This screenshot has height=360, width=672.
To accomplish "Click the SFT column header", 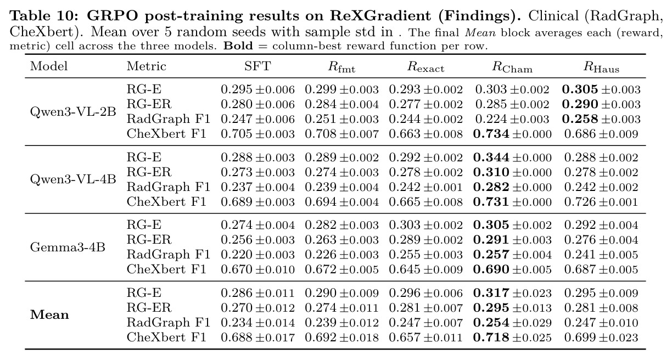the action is click(257, 66).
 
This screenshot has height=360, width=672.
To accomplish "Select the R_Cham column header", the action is click(512, 67).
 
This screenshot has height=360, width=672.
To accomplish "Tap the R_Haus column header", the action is click(601, 67).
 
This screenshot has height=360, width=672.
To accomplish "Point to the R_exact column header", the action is click(425, 67).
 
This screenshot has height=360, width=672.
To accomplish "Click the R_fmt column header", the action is click(341, 67).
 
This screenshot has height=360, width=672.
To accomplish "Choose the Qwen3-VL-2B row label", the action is click(73, 112).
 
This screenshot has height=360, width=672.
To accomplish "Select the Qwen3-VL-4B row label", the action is click(73, 179).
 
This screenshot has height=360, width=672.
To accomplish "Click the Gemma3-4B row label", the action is click(68, 248).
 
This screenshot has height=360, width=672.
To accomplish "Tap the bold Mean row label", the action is click(49, 315).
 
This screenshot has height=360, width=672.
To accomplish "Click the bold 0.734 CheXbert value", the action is click(491, 134).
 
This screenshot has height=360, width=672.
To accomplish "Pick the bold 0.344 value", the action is click(491, 157).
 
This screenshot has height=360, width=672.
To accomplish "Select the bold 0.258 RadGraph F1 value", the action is click(580, 119).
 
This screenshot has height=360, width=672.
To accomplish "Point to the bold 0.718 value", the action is click(491, 337).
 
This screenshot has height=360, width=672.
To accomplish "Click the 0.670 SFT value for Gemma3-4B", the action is click(237, 269).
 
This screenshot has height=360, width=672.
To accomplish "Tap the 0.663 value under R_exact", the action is click(405, 134).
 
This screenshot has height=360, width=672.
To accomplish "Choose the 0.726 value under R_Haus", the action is click(580, 202).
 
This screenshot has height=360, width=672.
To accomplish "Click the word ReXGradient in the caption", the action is click(380, 16).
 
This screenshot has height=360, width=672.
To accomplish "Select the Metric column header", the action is click(147, 66).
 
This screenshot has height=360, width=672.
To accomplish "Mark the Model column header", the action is click(49, 66).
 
